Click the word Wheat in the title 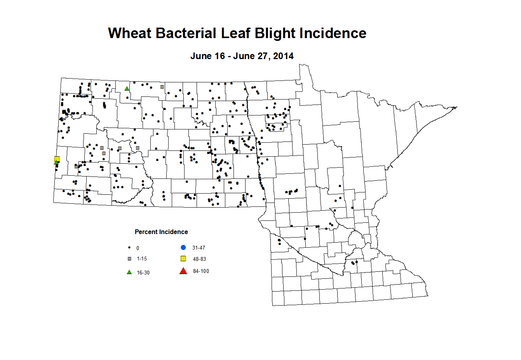click(130, 33)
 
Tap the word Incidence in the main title click(333, 33)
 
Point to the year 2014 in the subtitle click(283, 56)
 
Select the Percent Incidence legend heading click(161, 232)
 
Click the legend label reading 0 click(138, 248)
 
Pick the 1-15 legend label click(142, 259)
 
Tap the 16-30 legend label click(143, 273)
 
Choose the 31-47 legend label click(199, 248)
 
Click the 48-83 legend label click(199, 259)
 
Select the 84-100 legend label click(201, 271)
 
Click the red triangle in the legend click(183, 271)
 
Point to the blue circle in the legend click(183, 248)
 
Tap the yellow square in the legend click(183, 259)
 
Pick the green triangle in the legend click(129, 272)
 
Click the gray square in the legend click(130, 259)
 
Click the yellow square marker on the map click(57, 158)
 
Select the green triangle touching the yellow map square click(56, 163)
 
